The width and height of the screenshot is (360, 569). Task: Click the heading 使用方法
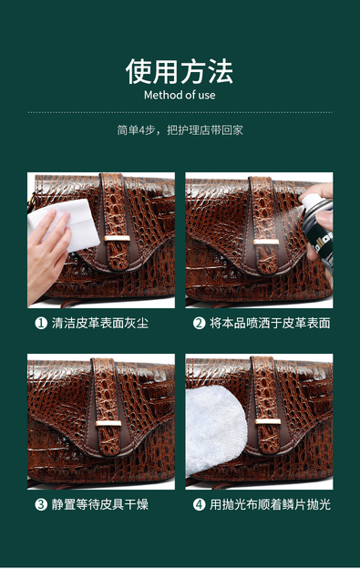180,71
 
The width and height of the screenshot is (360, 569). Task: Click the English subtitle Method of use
180,95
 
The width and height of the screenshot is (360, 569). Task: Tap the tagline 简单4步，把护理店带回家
180,129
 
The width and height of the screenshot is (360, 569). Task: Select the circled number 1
41,323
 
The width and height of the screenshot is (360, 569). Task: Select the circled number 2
199,323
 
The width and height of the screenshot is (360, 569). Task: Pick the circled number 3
41,504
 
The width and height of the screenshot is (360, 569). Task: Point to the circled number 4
199,504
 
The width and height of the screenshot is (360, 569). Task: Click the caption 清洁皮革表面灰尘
100,323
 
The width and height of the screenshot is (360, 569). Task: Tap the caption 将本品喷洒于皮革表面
270,323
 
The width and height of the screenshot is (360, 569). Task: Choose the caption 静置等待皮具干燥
100,504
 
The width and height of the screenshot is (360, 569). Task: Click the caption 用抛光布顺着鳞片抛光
270,504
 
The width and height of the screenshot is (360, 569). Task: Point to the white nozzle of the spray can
311,202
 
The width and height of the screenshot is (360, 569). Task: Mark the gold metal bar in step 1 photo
117,238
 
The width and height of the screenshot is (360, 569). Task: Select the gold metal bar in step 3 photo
108,423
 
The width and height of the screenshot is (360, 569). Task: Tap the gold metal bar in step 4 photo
268,421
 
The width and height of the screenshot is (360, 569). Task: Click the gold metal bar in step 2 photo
266,242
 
